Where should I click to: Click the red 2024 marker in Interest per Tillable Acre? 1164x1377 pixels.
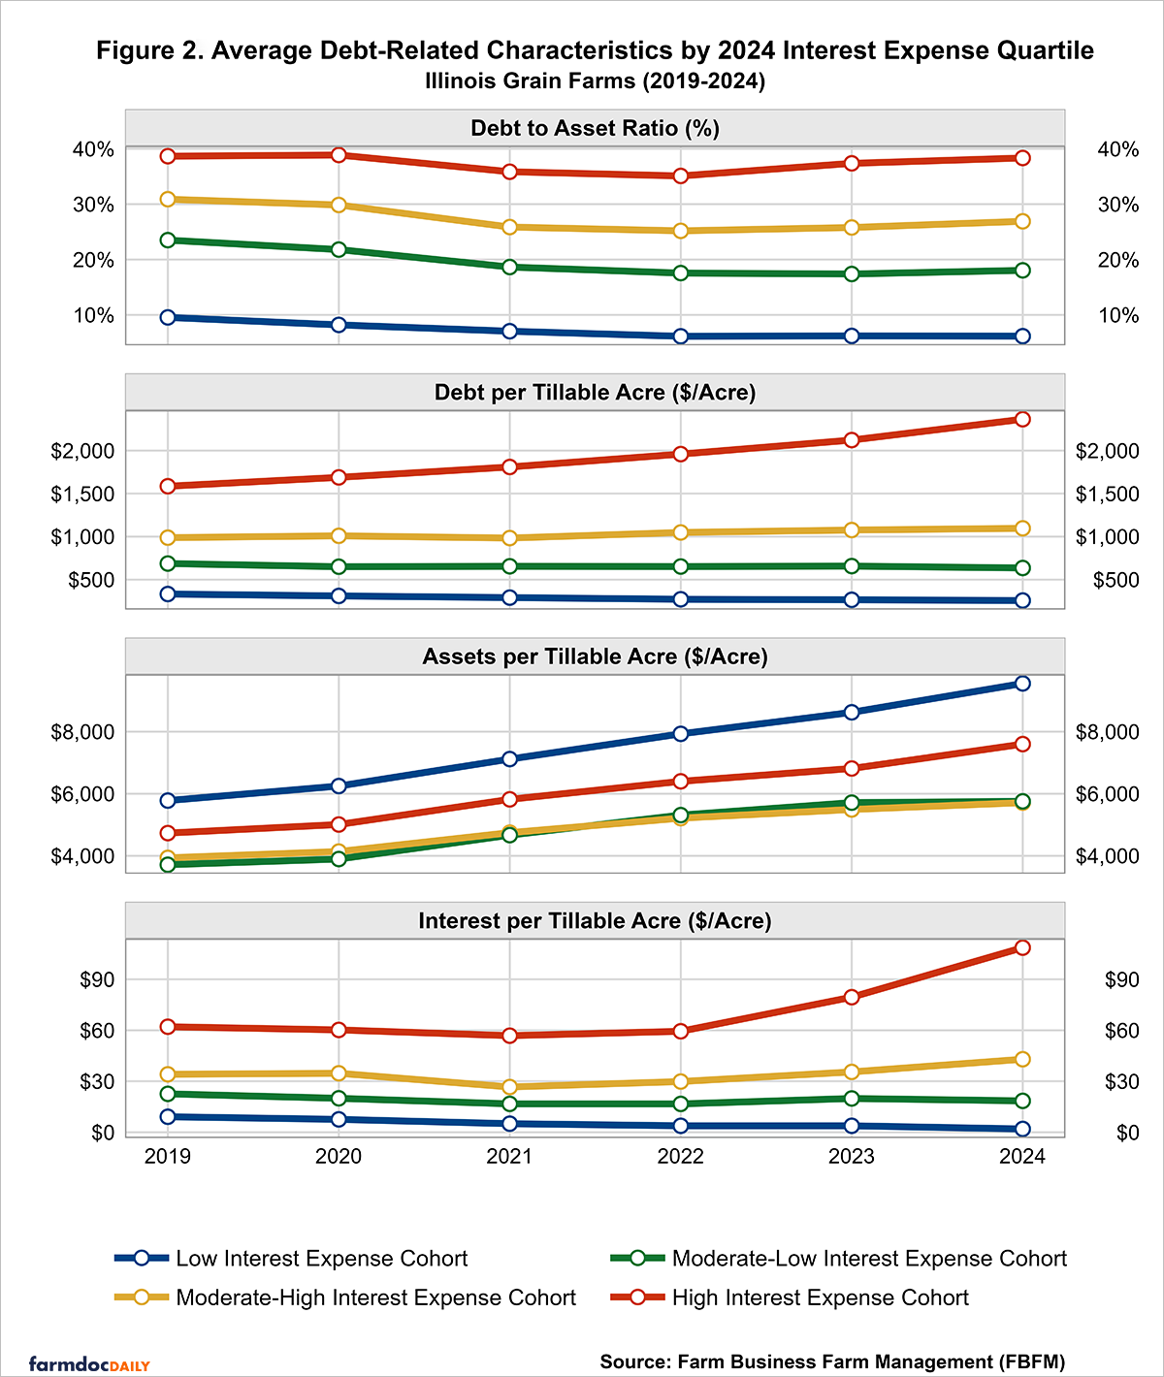coord(1022,947)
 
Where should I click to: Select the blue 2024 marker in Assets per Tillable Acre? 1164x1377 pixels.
coord(1022,684)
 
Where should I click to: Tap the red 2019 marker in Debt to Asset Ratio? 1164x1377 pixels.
coord(168,156)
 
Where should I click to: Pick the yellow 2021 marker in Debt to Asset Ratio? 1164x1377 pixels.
coord(510,227)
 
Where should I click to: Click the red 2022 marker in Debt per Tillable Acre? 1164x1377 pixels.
coord(681,454)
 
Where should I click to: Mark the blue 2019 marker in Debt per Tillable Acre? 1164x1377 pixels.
coord(168,594)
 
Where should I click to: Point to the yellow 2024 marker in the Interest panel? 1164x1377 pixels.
coord(1022,1060)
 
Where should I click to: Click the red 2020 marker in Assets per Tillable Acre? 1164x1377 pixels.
coord(339,824)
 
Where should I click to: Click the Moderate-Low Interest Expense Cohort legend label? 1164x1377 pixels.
coord(868,1259)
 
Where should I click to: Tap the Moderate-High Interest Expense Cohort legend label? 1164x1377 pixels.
coord(375,1297)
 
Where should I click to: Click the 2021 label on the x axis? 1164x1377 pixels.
coord(510,1156)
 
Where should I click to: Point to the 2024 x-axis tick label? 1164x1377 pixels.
coord(1022,1156)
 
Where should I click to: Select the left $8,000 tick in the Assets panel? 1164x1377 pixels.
coord(82,732)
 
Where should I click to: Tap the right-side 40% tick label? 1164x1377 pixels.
coord(1117,149)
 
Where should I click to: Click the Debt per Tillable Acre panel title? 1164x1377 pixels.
coord(595,393)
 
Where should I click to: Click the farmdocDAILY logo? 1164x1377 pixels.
coord(89,1364)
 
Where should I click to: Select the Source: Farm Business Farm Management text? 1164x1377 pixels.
coord(832,1361)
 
